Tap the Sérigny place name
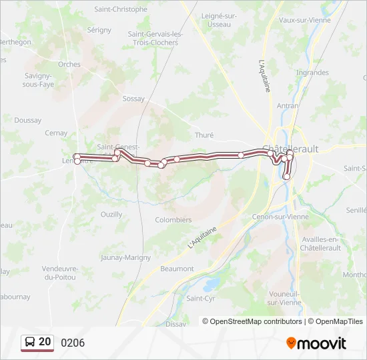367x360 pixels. pos(99,30)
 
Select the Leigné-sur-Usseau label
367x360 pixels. pos(220,20)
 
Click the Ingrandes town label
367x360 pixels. pos(312,73)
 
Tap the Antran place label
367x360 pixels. pos(288,105)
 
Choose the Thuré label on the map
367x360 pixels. pos(204,135)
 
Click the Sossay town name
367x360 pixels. pos(133,99)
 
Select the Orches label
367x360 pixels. pos(69,65)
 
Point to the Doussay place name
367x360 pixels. pos(27,121)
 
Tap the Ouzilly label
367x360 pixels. pos(111,214)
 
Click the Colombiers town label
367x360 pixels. pos(173,220)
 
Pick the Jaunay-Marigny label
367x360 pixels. pos(125,257)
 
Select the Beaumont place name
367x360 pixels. pos(177,269)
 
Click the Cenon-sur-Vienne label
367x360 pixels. pos(280,217)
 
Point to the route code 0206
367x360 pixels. pos(73,343)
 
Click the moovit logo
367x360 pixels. pos(316,343)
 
